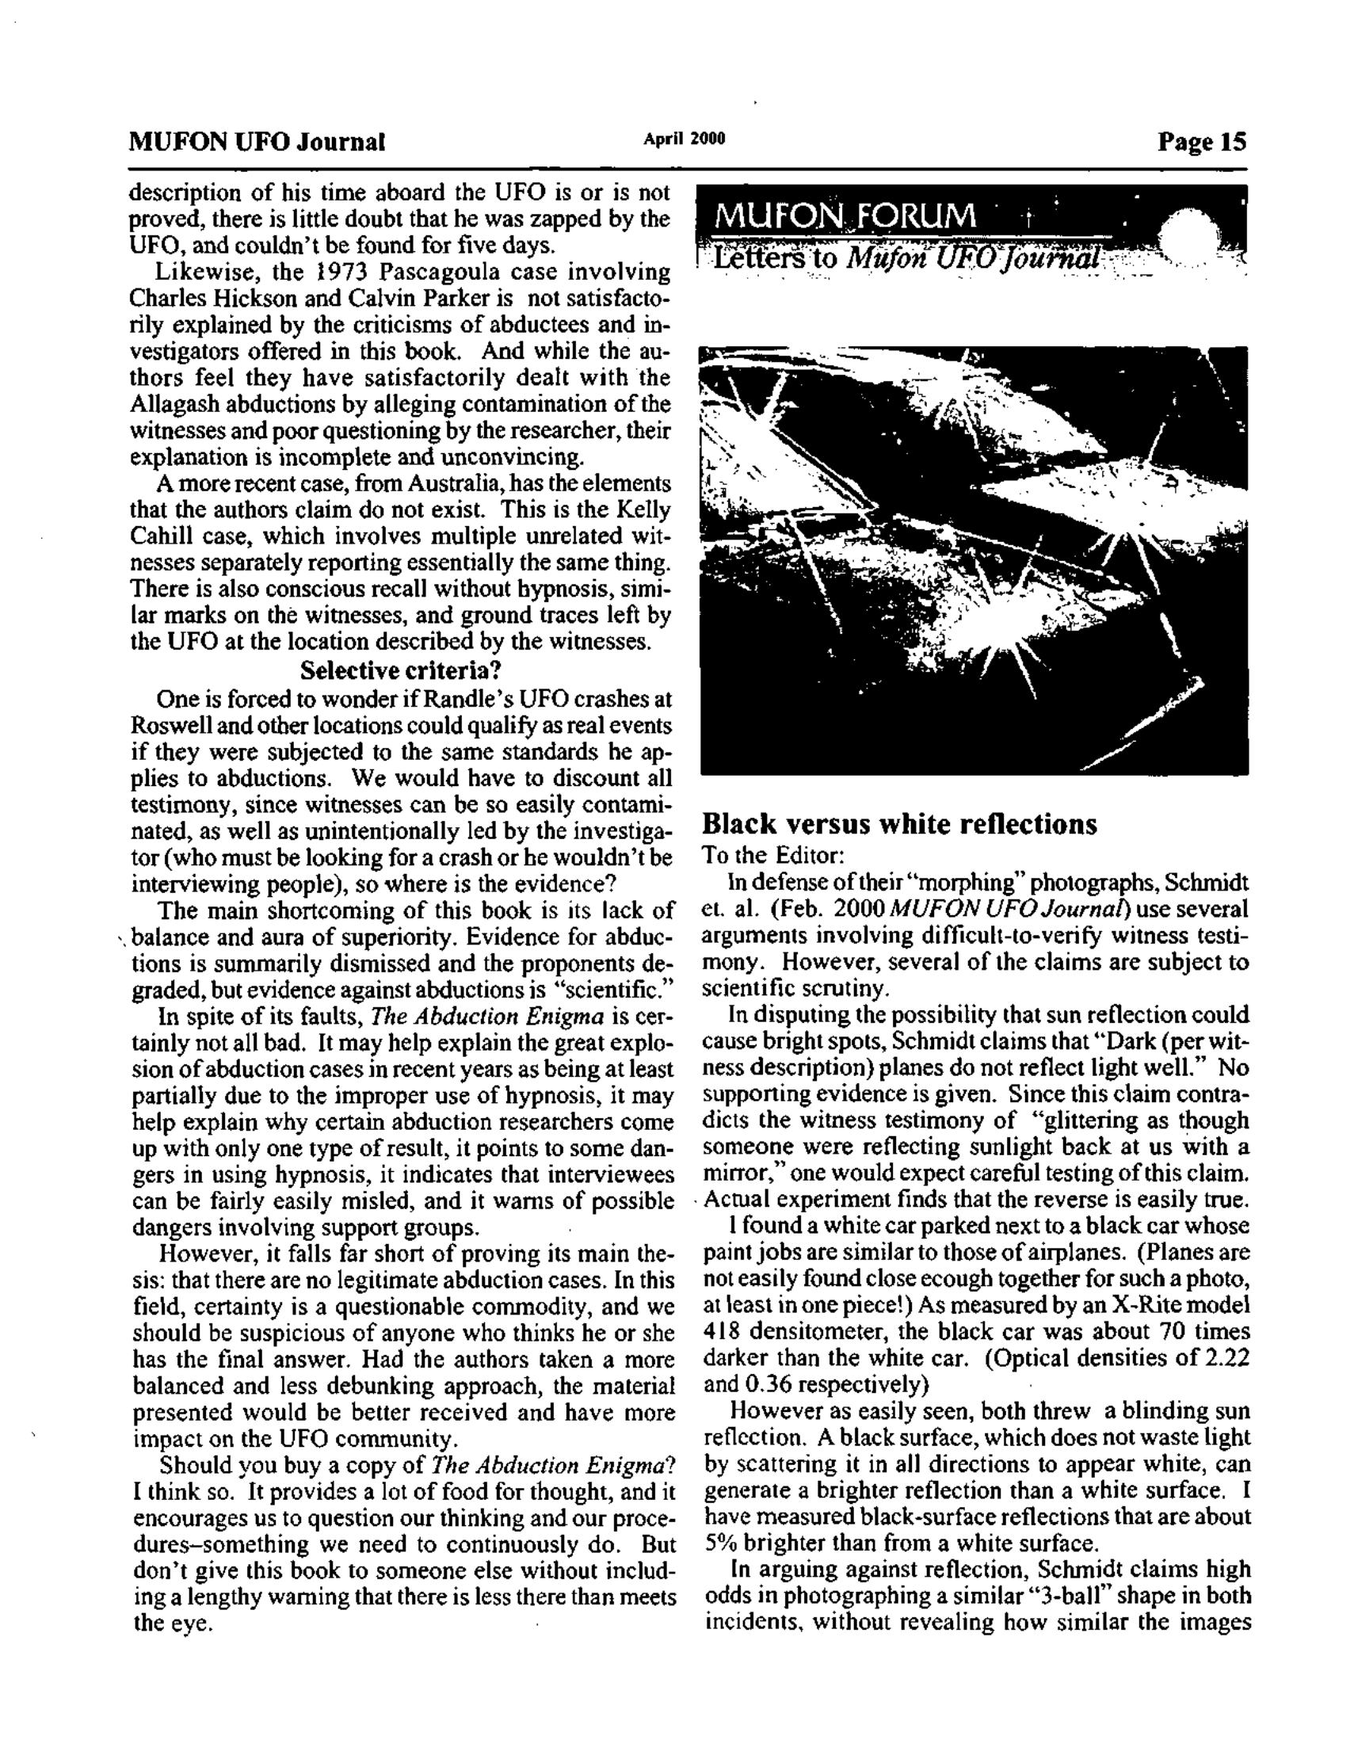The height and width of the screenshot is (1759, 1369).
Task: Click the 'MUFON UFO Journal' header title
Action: click(x=257, y=142)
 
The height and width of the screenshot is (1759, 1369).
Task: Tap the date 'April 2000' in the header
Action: click(x=684, y=139)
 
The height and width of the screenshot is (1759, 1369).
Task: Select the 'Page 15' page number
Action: click(x=1202, y=142)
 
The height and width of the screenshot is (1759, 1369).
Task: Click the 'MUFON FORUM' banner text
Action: click(x=845, y=215)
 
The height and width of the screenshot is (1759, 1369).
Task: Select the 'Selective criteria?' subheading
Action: click(x=400, y=670)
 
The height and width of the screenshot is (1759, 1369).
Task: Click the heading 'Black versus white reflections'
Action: click(x=899, y=824)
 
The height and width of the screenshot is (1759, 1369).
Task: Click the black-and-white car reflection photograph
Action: click(x=974, y=560)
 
